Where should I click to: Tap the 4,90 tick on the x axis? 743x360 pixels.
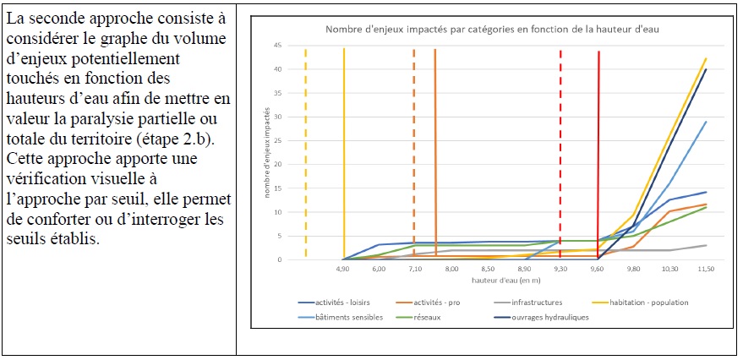pos(342,268)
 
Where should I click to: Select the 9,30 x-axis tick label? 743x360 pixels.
pos(560,268)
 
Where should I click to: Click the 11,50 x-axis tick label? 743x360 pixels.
pos(706,268)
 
